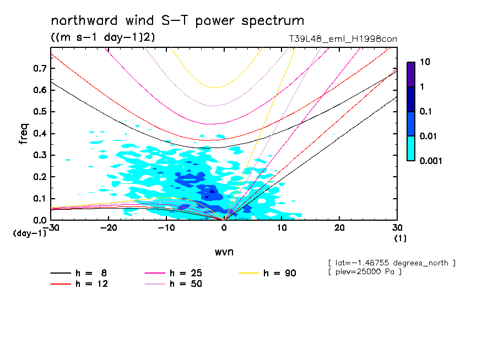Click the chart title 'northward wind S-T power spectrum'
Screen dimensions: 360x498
tap(177, 21)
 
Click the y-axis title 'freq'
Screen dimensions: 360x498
tap(24, 134)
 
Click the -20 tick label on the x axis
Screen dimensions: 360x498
tap(109, 228)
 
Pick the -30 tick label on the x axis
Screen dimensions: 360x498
tap(51, 228)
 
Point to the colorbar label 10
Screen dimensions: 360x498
tap(424, 62)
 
